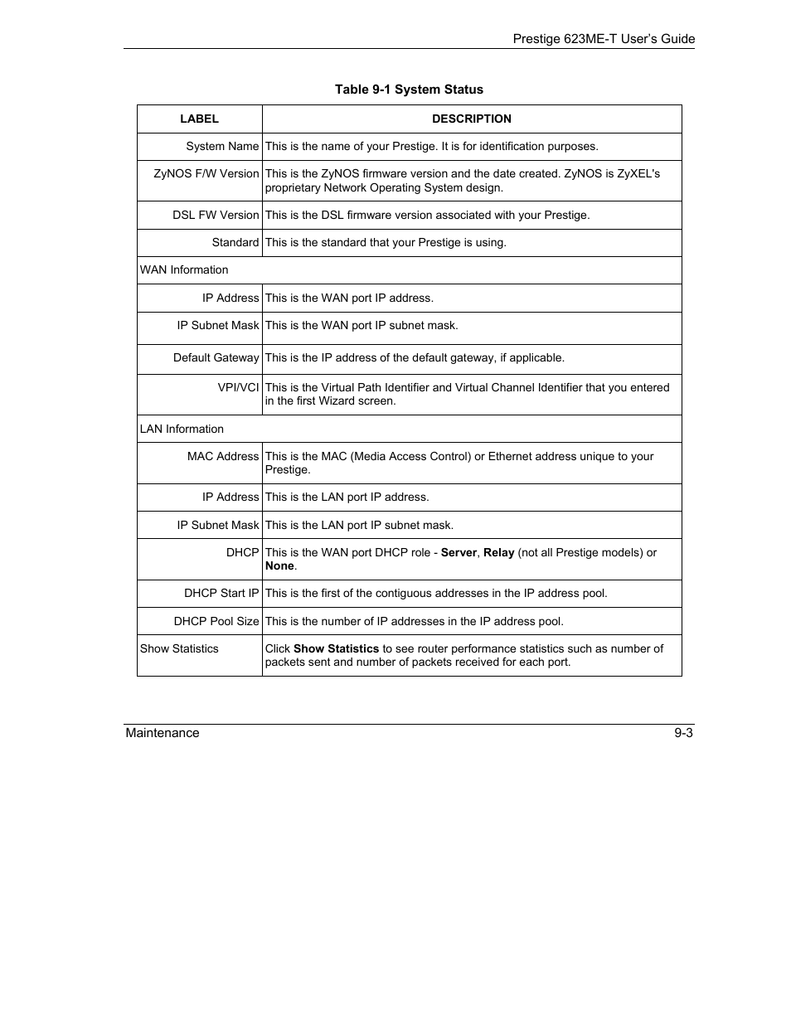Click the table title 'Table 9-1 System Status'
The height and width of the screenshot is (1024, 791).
coord(409,90)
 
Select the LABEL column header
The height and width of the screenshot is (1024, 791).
coord(199,119)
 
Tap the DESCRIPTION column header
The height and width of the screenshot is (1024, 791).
coord(471,119)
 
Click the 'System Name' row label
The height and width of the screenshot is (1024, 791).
coord(222,146)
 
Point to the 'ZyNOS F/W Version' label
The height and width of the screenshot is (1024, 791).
coord(206,173)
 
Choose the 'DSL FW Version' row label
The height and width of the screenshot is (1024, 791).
coord(216,215)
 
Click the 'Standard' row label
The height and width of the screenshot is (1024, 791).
coord(235,242)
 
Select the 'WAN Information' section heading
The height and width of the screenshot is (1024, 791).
coord(184,269)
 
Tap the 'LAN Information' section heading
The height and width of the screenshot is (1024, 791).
coord(182,429)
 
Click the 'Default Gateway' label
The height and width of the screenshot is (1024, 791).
coord(216,357)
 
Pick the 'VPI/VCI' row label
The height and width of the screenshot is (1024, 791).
coord(238,387)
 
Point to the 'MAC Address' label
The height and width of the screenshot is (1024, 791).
coord(223,456)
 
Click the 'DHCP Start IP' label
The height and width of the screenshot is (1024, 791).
coord(221,593)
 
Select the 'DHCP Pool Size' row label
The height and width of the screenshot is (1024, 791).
coord(216,621)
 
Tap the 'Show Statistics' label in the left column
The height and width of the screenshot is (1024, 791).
coord(179,648)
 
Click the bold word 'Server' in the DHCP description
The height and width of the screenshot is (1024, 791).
coord(459,552)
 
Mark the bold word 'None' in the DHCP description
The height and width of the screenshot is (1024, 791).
coord(279,565)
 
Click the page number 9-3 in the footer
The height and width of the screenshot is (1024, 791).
coord(683,733)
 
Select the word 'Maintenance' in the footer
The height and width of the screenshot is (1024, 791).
coord(163,733)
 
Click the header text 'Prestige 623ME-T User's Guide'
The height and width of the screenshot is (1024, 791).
coord(604,39)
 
